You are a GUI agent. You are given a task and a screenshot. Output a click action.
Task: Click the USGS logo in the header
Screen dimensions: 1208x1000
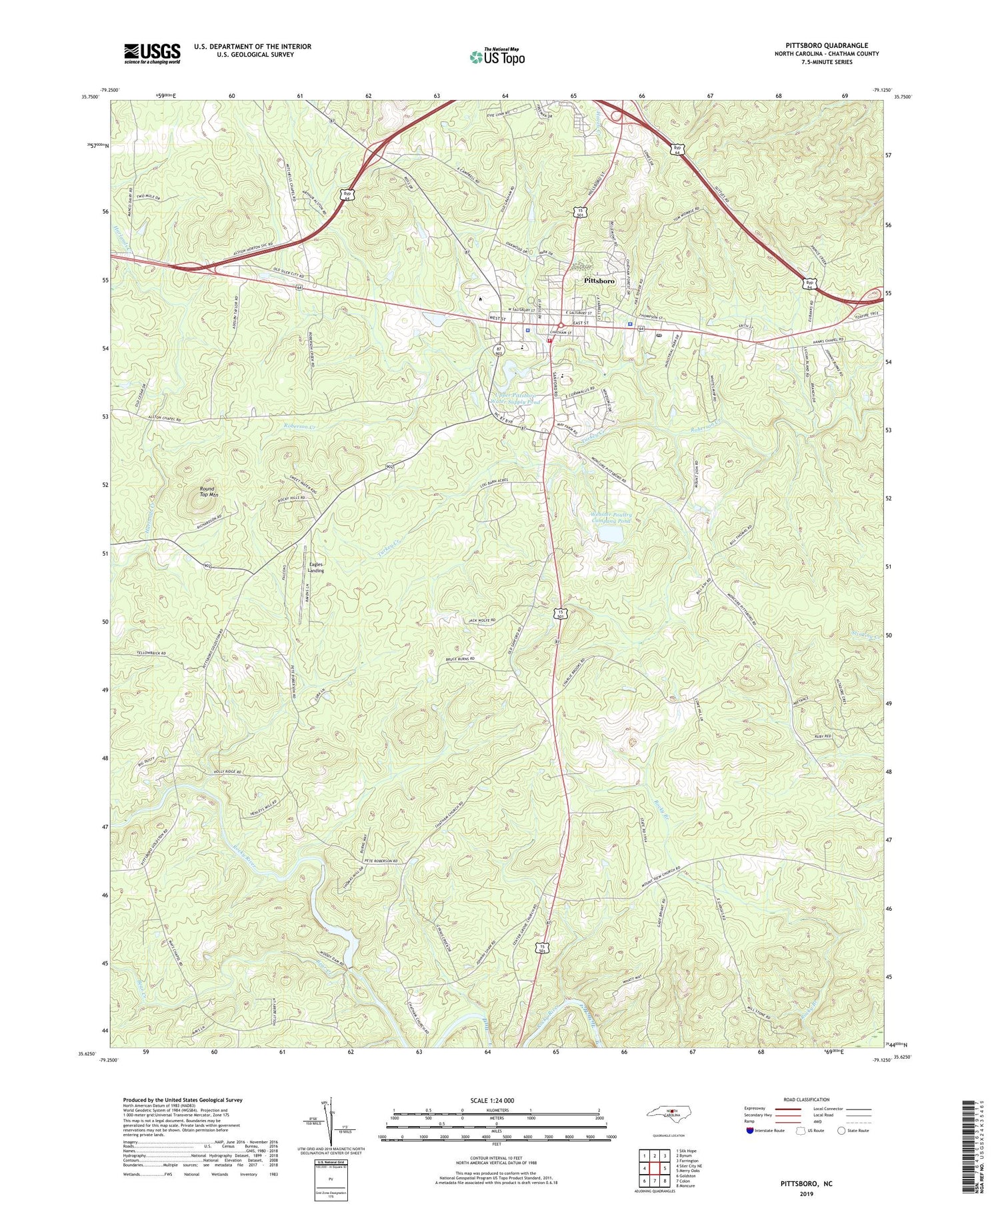pos(151,53)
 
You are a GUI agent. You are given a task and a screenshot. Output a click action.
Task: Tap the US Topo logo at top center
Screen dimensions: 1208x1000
pos(497,57)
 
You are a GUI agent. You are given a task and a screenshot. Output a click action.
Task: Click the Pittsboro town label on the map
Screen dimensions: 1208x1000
pos(599,281)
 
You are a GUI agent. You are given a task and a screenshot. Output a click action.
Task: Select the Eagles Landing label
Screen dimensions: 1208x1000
pos(316,568)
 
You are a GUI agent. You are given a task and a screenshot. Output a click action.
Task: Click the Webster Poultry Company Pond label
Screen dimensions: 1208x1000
pos(610,518)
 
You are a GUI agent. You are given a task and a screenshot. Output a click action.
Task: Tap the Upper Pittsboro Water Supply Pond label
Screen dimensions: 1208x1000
pos(515,398)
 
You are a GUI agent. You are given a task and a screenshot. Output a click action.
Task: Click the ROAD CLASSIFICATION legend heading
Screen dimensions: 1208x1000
pos(802,1099)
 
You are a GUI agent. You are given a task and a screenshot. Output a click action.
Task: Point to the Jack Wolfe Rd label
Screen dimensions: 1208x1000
pos(481,620)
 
